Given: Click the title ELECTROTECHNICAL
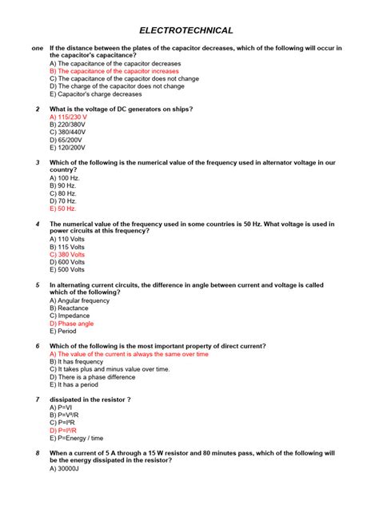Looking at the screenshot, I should tap(186, 30).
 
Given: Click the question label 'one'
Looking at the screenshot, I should tap(37, 48).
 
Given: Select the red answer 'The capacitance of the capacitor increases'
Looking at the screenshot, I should tap(114, 70).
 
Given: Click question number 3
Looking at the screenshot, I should tap(38, 163).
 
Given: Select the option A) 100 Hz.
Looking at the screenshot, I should tap(64, 178).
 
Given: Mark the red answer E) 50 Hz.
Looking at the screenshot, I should tap(62, 209).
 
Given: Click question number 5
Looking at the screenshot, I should tap(38, 285).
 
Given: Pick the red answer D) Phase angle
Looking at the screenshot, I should tap(71, 324).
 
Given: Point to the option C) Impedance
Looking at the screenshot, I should tap(70, 316).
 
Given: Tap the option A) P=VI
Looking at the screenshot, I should tap(62, 408).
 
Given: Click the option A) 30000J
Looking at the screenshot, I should tap(66, 468).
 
